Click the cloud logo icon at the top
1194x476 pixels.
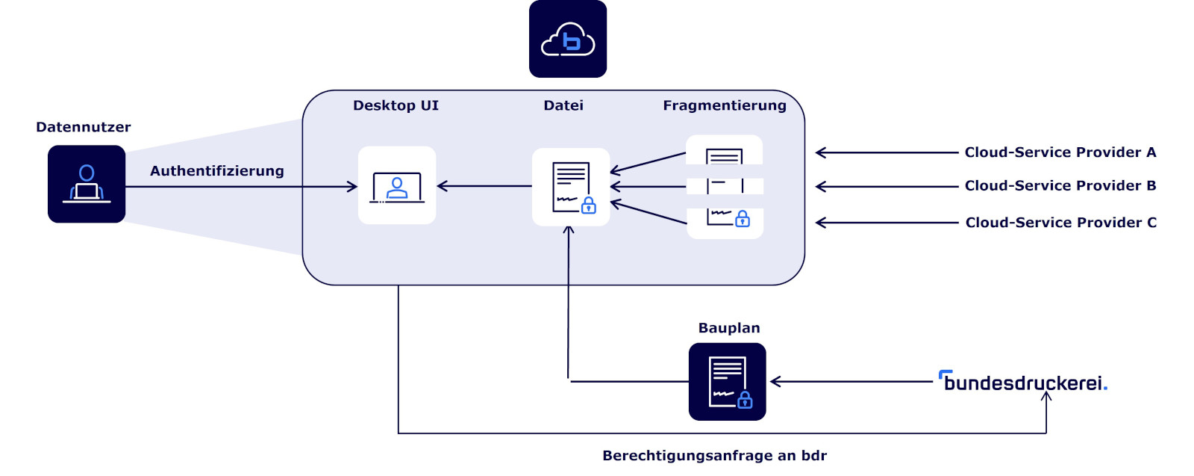[568, 39]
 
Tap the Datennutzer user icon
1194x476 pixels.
[87, 184]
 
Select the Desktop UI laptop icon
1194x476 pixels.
[397, 185]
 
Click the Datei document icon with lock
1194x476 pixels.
[571, 187]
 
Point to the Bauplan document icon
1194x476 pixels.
[728, 382]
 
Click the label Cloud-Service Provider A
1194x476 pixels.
[1060, 152]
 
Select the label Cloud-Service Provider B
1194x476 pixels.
[1060, 186]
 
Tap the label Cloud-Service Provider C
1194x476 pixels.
[1061, 223]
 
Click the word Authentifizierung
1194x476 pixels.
[217, 171]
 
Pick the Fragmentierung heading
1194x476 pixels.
[725, 106]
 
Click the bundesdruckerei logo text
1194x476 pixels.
[1023, 383]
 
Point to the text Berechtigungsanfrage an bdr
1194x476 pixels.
[714, 456]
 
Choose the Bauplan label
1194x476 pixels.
[729, 328]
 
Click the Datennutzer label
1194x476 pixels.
[84, 128]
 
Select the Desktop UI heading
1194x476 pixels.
[396, 106]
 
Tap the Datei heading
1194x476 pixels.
[563, 106]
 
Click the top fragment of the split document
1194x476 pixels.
[724, 151]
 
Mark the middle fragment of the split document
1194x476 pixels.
[725, 186]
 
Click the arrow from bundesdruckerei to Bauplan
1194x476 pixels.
[851, 382]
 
